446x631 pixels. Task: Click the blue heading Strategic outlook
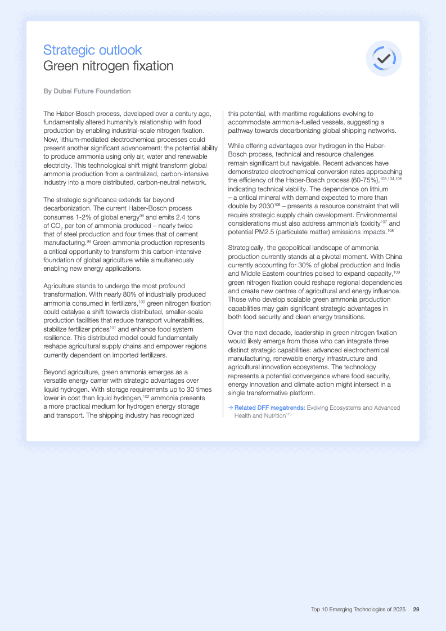pos(92,50)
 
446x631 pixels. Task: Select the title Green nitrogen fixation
pos(108,66)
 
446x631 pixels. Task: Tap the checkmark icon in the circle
pos(384,59)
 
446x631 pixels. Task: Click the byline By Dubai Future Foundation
pos(87,91)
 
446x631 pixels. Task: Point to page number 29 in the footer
pos(416,609)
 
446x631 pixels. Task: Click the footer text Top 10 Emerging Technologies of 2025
pos(358,609)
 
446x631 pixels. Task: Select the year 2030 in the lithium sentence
pos(266,206)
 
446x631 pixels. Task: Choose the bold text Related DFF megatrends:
pos(270,408)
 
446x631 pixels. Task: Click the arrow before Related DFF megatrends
pos(231,408)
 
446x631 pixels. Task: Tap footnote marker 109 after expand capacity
pos(396,272)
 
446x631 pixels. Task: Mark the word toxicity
pos(367,223)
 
